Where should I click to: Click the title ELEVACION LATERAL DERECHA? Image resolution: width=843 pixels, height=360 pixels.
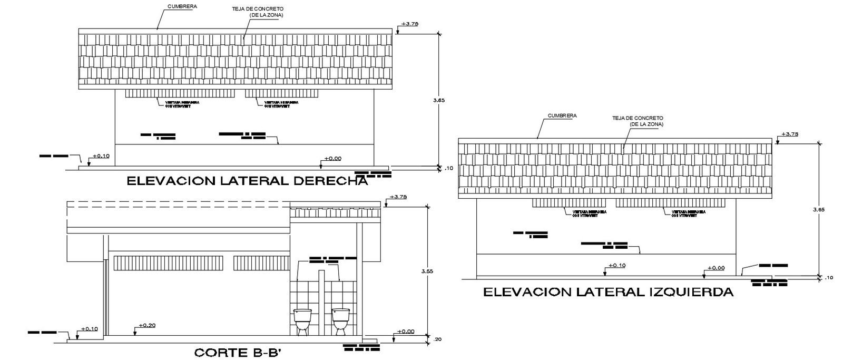point(247,181)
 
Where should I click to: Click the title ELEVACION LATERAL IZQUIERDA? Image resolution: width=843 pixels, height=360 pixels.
point(608,292)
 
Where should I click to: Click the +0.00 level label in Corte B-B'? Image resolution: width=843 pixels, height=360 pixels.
point(406,332)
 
